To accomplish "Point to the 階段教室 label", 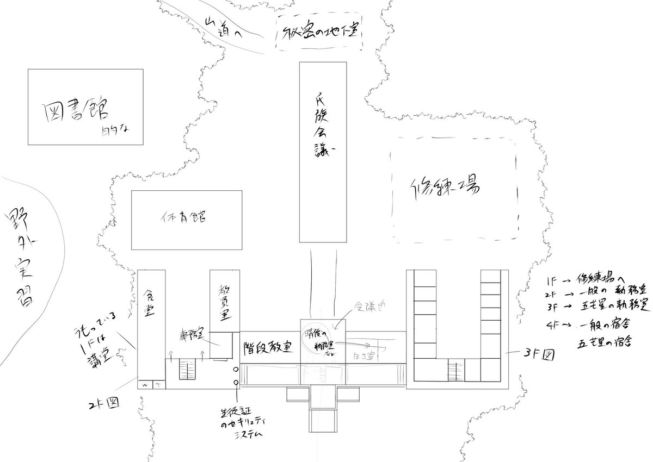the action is [269, 346].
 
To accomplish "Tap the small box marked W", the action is [145, 385].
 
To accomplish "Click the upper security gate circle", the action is [236, 370].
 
